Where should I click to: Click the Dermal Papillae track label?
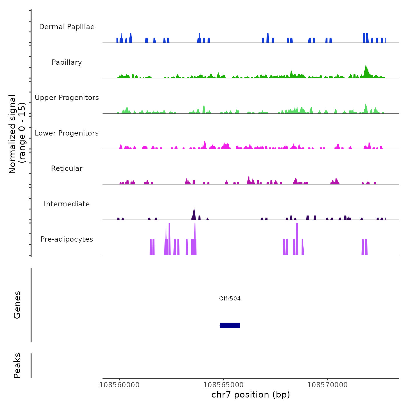[x=67, y=27]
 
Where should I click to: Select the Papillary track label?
[x=67, y=62]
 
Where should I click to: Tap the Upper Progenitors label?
[x=67, y=98]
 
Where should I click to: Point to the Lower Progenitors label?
[x=67, y=133]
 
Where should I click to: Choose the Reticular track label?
[x=67, y=168]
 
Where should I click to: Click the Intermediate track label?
[x=67, y=204]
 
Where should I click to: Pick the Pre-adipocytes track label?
[x=67, y=239]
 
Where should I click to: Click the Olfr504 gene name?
[x=230, y=298]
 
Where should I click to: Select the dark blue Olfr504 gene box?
[x=230, y=325]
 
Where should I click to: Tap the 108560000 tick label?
[x=119, y=385]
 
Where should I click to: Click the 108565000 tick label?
[x=224, y=385]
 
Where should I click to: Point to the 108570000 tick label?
[x=328, y=385]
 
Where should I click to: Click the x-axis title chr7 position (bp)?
[x=251, y=395]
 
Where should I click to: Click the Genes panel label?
[x=17, y=305]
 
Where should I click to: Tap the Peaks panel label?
[x=17, y=365]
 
